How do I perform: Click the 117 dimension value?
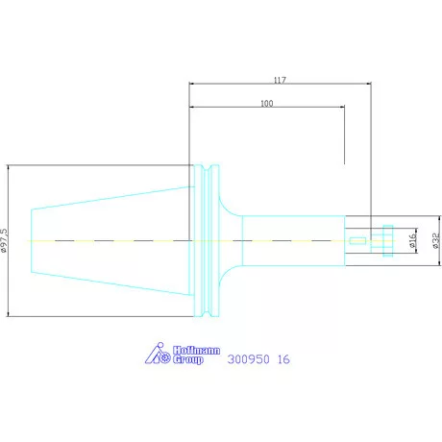pyautogui.click(x=280, y=80)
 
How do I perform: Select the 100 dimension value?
pyautogui.click(x=267, y=104)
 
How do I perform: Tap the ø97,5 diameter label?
pyautogui.click(x=4, y=240)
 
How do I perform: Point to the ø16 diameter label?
pyautogui.click(x=413, y=240)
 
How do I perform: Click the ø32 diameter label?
pyautogui.click(x=435, y=240)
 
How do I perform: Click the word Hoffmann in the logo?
pyautogui.click(x=197, y=351)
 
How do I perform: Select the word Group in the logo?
pyautogui.click(x=188, y=359)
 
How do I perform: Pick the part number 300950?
pyautogui.click(x=249, y=359)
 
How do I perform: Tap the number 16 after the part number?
pyautogui.click(x=283, y=359)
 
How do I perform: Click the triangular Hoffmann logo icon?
pyautogui.click(x=158, y=354)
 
